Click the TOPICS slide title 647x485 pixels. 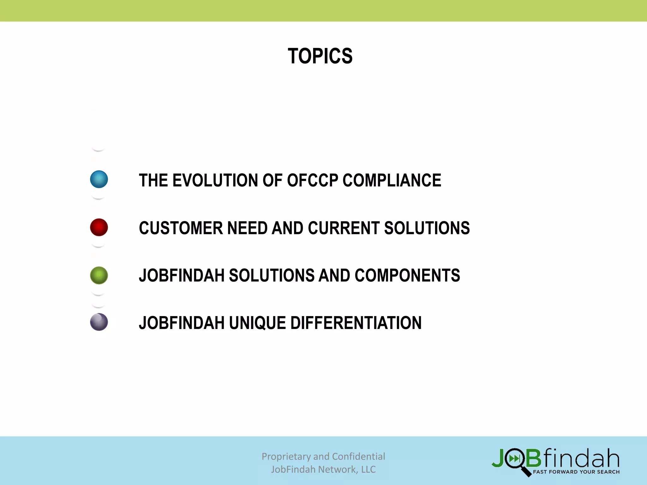[x=320, y=56]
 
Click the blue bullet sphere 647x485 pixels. [x=99, y=179]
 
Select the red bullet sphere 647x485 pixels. [x=99, y=227]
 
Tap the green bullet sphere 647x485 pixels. [x=99, y=275]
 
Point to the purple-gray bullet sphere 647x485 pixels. [x=99, y=322]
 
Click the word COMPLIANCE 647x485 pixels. [x=392, y=180]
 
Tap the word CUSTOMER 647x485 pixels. [x=181, y=228]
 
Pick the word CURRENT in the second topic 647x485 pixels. [x=344, y=228]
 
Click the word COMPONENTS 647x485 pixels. [x=407, y=275]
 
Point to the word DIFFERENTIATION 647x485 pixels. [x=356, y=323]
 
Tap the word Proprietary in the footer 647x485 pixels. [x=286, y=457]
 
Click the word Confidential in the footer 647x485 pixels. [x=358, y=457]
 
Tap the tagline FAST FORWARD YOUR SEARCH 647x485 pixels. [x=576, y=472]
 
